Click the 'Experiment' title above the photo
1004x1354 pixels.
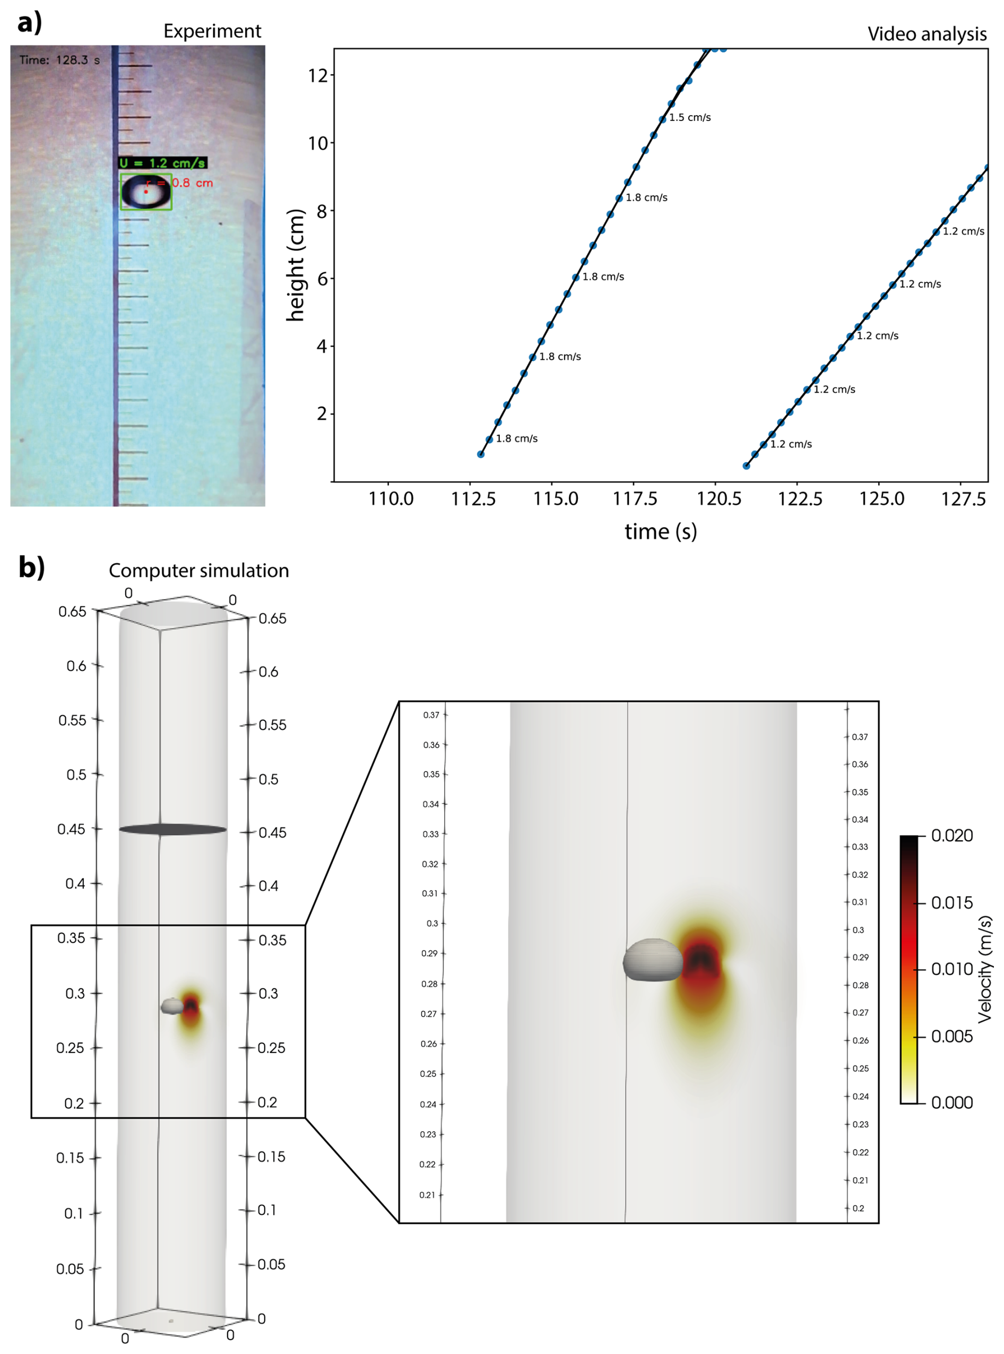(x=212, y=31)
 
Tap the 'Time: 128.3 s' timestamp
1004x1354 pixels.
(x=59, y=60)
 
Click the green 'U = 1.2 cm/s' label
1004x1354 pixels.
(x=163, y=163)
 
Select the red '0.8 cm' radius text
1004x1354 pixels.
(x=192, y=183)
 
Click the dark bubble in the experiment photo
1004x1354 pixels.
(x=145, y=192)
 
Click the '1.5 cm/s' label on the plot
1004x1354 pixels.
(x=690, y=117)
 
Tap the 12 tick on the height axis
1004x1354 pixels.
(x=318, y=75)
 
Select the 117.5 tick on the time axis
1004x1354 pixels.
(x=635, y=499)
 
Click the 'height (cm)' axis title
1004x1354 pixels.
(x=296, y=265)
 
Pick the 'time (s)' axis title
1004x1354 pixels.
(x=661, y=532)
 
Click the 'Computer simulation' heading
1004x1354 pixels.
(x=199, y=571)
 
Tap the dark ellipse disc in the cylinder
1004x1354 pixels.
(x=172, y=829)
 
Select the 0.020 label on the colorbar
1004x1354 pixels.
(x=952, y=835)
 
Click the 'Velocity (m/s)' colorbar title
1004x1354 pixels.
(x=984, y=969)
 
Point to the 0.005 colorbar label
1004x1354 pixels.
(x=952, y=1036)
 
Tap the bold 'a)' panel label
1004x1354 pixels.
(x=29, y=23)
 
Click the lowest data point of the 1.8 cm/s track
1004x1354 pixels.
(x=481, y=454)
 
